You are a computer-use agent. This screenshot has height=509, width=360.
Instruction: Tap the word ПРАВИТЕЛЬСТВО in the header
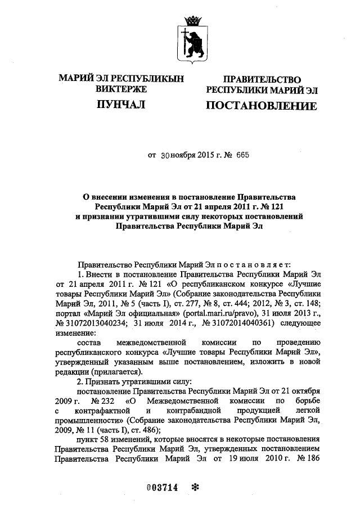coord(262,80)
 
